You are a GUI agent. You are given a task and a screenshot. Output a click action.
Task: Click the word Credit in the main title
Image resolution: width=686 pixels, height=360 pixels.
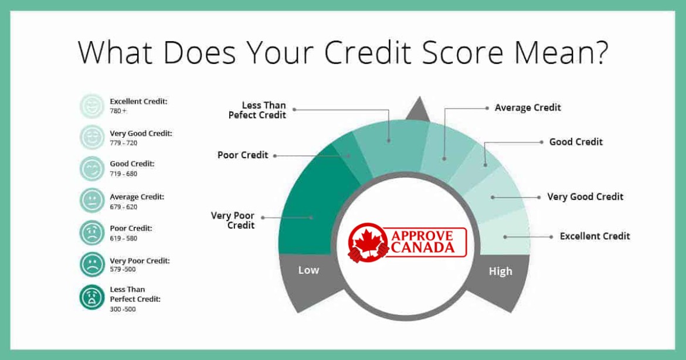click(x=368, y=52)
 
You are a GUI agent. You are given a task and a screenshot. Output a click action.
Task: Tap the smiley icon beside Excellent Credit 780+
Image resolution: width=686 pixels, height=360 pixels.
click(x=92, y=106)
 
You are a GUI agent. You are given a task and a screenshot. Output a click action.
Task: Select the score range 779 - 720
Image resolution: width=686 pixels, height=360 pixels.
click(x=123, y=143)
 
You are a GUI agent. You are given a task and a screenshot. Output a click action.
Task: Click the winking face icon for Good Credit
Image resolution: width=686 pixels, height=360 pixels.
click(x=92, y=168)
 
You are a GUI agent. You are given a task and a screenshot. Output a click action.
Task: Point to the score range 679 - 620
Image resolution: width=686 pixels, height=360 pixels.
click(x=123, y=207)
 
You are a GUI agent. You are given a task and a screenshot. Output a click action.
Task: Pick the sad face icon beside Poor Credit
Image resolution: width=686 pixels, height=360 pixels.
click(x=92, y=232)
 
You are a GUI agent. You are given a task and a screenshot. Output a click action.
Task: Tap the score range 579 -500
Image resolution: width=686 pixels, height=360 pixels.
click(x=123, y=270)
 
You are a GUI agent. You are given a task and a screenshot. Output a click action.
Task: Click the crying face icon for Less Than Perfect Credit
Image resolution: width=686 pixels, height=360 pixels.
click(x=92, y=297)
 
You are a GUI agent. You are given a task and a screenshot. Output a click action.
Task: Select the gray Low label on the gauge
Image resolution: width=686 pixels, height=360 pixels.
click(x=308, y=270)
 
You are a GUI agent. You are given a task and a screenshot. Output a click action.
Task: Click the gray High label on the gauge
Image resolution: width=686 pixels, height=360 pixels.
click(x=501, y=271)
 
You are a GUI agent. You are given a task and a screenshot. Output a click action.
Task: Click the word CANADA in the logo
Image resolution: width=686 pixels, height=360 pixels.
click(x=423, y=247)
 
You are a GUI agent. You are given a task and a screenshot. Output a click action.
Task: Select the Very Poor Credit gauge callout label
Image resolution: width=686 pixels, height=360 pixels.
click(x=233, y=220)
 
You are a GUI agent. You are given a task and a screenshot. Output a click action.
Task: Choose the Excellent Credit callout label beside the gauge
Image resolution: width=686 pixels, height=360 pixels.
click(x=595, y=236)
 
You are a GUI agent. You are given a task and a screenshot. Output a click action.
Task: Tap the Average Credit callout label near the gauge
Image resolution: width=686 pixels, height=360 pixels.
click(x=528, y=108)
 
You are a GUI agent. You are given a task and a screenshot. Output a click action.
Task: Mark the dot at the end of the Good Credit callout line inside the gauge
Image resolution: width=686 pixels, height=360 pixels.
click(x=485, y=165)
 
